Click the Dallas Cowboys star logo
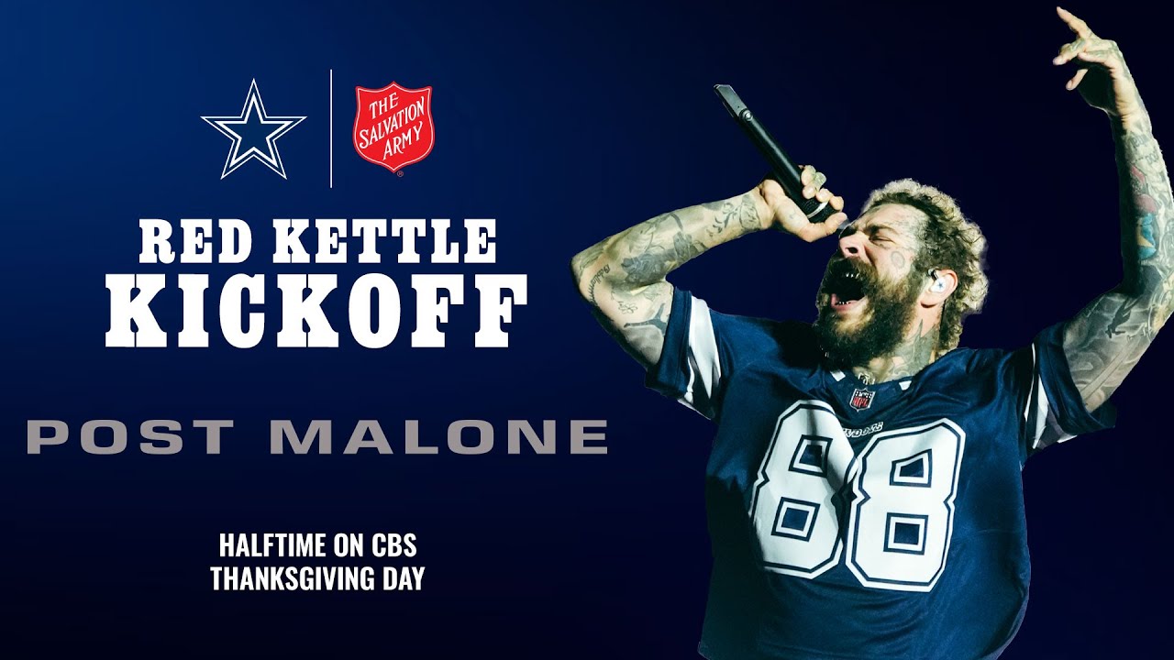(253, 129)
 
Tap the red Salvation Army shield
(393, 127)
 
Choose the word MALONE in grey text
(438, 436)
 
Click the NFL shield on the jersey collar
(861, 398)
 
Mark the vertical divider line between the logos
(331, 128)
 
